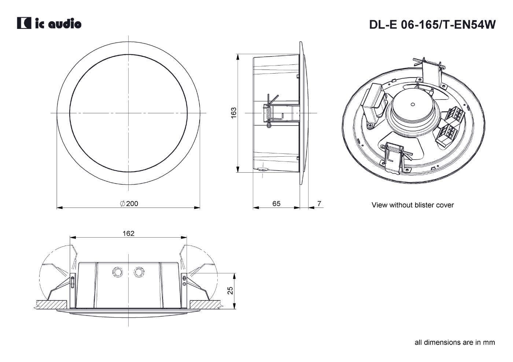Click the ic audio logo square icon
(x=24, y=23)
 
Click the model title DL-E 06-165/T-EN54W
(x=432, y=25)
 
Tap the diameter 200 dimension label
(x=129, y=204)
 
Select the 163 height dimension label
(x=233, y=113)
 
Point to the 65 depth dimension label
(x=276, y=204)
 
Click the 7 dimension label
(x=319, y=203)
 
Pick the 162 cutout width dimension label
(x=128, y=234)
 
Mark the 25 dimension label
(x=230, y=291)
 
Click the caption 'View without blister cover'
(x=413, y=205)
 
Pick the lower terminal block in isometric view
(x=447, y=135)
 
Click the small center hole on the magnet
(x=413, y=105)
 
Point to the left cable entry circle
(x=118, y=272)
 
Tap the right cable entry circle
(x=139, y=272)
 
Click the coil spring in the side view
(x=269, y=114)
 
